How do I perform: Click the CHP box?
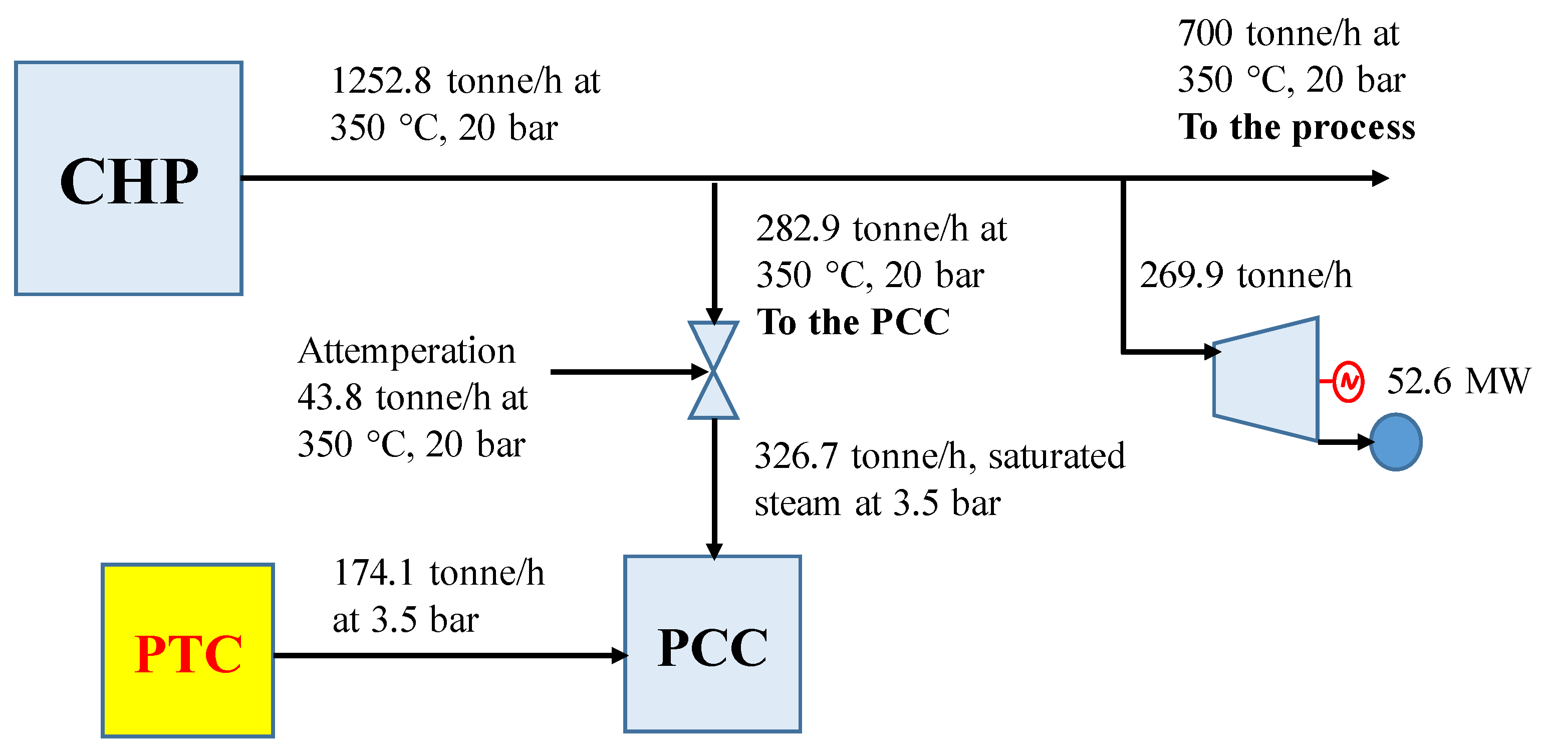pyautogui.click(x=129, y=178)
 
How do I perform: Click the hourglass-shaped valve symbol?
pyautogui.click(x=713, y=370)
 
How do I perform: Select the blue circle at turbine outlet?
pyautogui.click(x=1396, y=442)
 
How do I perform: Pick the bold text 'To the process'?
pyautogui.click(x=1296, y=127)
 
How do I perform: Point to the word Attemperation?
pyautogui.click(x=407, y=351)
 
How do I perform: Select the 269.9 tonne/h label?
pyautogui.click(x=1245, y=276)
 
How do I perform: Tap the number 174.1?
pyautogui.click(x=374, y=573)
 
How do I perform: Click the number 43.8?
pyautogui.click(x=330, y=398)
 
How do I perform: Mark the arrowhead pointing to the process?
pyautogui.click(x=1380, y=178)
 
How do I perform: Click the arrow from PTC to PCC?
pyautogui.click(x=449, y=655)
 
